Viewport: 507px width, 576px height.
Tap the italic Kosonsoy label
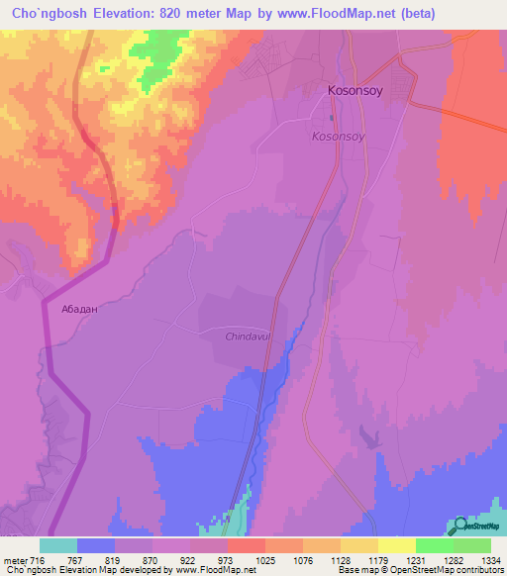(x=342, y=136)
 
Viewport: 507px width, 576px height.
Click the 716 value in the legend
(x=36, y=559)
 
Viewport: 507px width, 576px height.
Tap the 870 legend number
(x=150, y=559)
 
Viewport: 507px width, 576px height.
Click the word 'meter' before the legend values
(x=13, y=559)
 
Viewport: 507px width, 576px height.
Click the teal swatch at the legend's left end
(x=58, y=545)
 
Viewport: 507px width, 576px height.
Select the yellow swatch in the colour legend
(x=396, y=545)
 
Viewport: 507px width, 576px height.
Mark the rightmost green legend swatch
(x=472, y=545)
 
